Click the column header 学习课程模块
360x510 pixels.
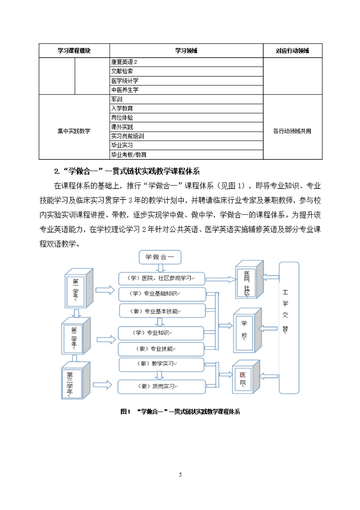point(74,51)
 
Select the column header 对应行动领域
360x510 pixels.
point(293,51)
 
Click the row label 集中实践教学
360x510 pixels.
point(74,131)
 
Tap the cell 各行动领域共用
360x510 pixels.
point(293,131)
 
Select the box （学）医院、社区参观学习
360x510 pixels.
point(161,278)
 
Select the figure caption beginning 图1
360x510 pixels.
point(180,412)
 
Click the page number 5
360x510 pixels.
point(180,475)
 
